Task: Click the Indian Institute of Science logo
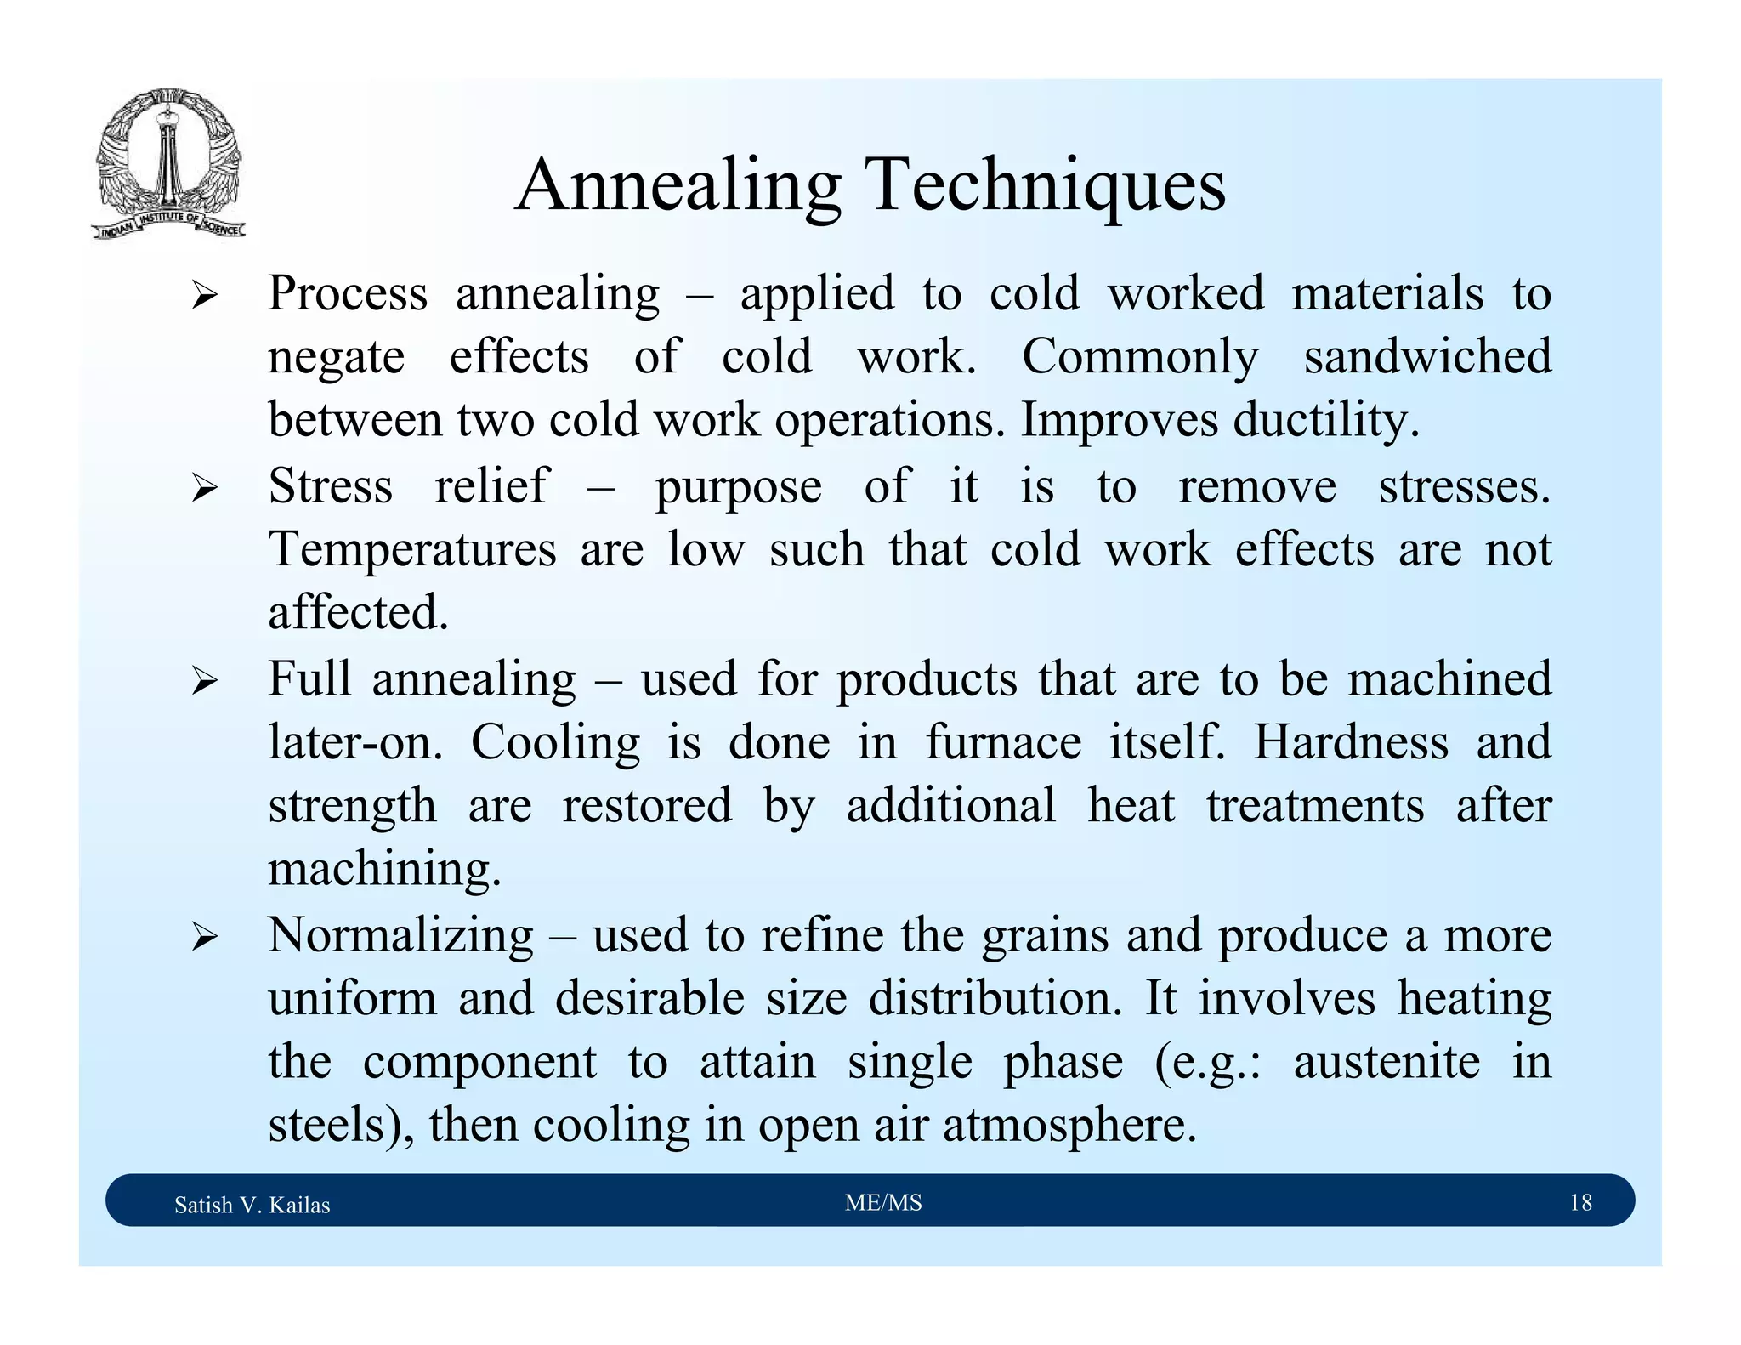(x=168, y=164)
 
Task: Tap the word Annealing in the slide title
(x=678, y=187)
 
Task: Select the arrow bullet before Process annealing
(x=205, y=297)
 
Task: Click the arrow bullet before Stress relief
(x=205, y=489)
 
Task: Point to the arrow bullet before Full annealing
(x=205, y=682)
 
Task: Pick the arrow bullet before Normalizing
(x=205, y=938)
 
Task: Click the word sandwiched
(x=1427, y=356)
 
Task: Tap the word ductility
(x=1325, y=420)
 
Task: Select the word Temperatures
(x=412, y=549)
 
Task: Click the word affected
(x=358, y=613)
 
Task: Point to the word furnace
(x=1003, y=742)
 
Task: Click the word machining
(x=384, y=870)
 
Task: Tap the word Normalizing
(x=400, y=936)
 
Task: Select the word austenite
(x=1387, y=1062)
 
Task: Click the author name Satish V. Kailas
(x=252, y=1205)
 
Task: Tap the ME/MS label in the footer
(x=883, y=1202)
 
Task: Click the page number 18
(x=1580, y=1202)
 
